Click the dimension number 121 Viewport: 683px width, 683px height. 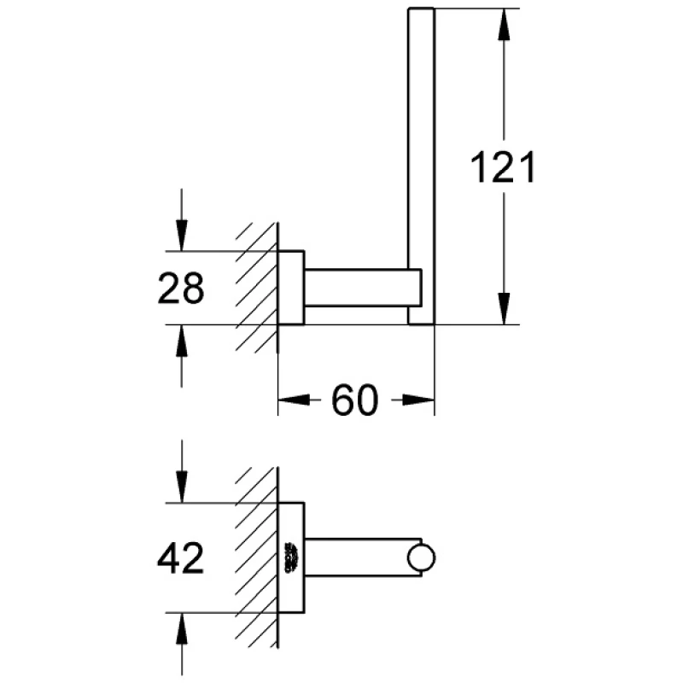503,166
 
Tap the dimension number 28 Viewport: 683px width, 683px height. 180,288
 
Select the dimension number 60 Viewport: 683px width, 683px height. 354,400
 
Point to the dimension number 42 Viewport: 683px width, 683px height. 180,558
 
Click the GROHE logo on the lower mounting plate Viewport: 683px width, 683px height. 291,557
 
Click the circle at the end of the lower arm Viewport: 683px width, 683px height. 421,558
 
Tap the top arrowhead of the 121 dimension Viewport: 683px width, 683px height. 504,25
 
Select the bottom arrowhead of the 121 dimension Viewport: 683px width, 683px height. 504,309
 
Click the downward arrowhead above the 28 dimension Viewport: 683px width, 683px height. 182,236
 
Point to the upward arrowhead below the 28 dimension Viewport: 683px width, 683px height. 182,341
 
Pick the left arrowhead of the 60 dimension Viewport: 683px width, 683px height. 294,400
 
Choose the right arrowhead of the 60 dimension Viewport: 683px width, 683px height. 418,400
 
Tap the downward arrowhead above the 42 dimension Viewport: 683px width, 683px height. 182,487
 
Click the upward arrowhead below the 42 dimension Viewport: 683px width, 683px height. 182,628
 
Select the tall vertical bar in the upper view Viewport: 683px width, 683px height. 421,166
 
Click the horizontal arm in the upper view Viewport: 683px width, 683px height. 363,288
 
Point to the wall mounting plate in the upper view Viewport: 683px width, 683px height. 291,288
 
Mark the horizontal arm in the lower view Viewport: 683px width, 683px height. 363,557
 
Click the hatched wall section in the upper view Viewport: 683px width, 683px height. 257,288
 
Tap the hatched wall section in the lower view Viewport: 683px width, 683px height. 257,557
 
